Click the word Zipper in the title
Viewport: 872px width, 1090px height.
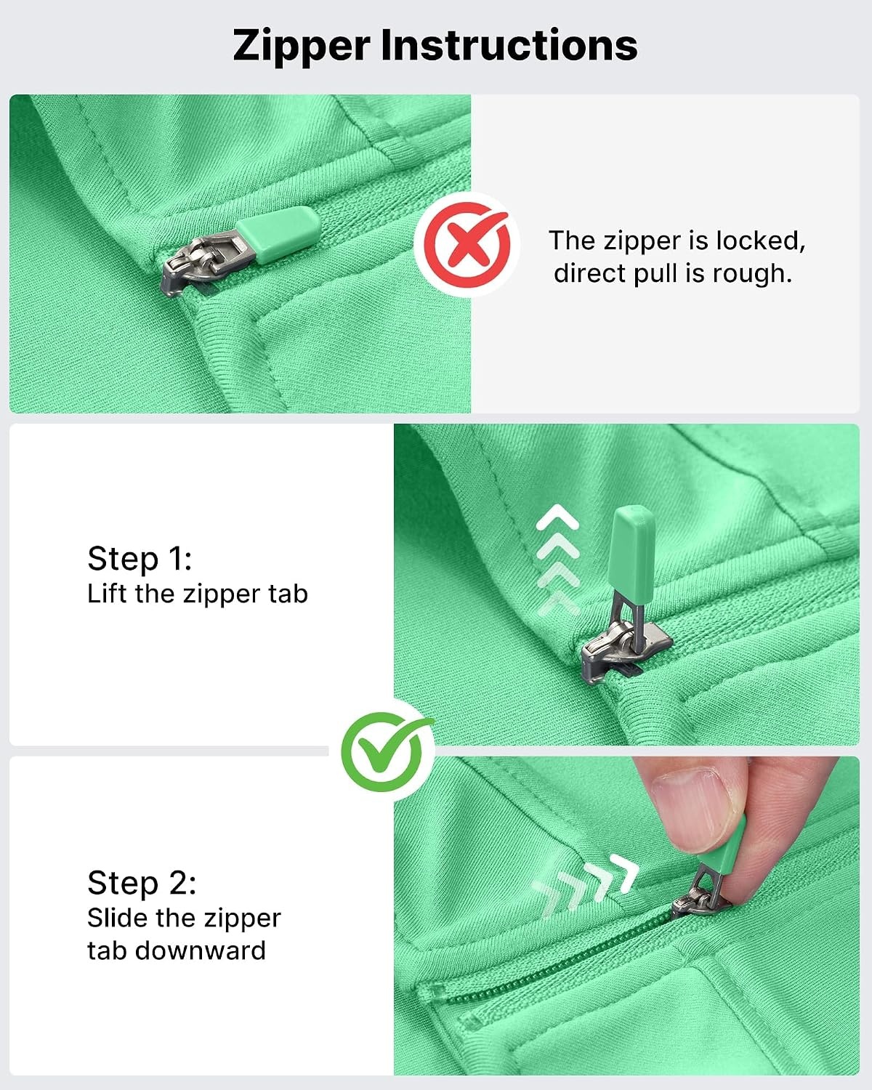pyautogui.click(x=302, y=47)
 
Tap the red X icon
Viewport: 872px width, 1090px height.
pyautogui.click(x=467, y=245)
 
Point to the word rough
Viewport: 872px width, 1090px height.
pyautogui.click(x=752, y=274)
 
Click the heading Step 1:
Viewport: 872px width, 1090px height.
pyautogui.click(x=140, y=559)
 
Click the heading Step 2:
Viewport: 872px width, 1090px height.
pyautogui.click(x=142, y=883)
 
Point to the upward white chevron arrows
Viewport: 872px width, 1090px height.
pyautogui.click(x=557, y=560)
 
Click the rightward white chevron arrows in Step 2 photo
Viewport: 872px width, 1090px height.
pyautogui.click(x=585, y=887)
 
